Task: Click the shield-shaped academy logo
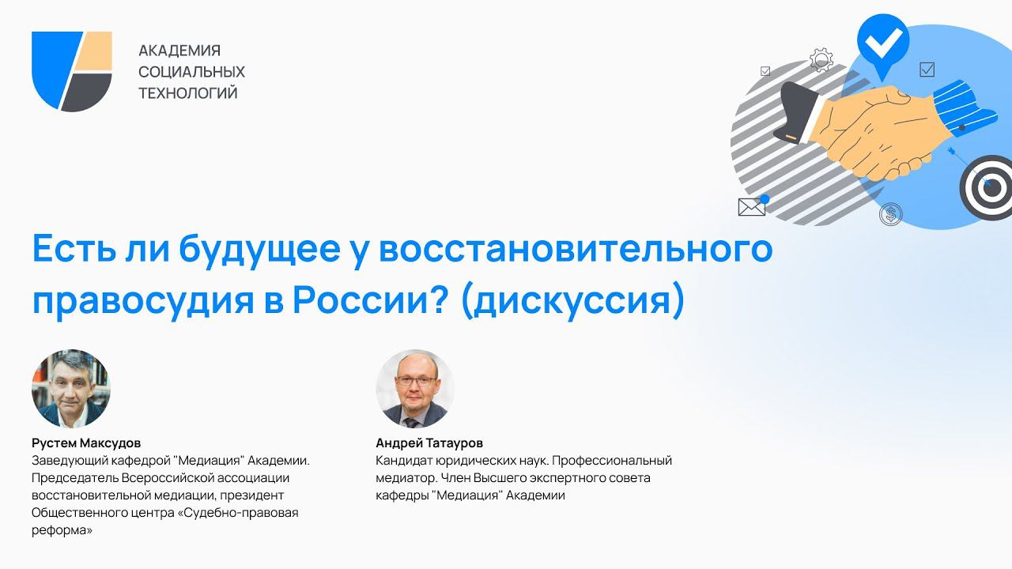click(x=71, y=71)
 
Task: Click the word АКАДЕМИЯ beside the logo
click(x=179, y=51)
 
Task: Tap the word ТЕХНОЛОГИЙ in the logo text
click(x=188, y=93)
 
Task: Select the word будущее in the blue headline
click(x=260, y=251)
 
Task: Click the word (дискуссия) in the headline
click(x=573, y=302)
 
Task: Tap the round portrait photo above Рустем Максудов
click(x=71, y=388)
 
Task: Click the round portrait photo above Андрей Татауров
click(x=415, y=388)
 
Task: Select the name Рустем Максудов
click(x=86, y=443)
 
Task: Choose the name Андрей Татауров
click(x=429, y=443)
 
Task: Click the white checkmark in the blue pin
click(x=883, y=43)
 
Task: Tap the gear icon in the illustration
click(x=821, y=59)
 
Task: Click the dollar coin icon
click(x=890, y=214)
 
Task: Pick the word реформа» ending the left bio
click(x=62, y=530)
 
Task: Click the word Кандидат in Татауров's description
click(x=404, y=461)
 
